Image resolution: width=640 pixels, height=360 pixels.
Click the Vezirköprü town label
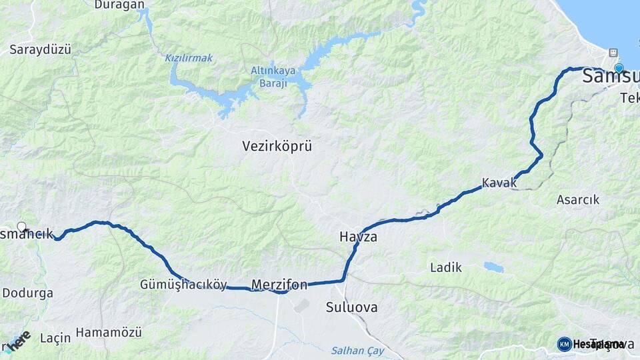[x=277, y=146]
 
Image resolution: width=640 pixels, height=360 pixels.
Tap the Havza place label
[x=358, y=237]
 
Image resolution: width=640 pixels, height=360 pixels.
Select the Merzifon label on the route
[x=279, y=285]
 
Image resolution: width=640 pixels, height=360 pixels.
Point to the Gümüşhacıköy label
[x=183, y=284]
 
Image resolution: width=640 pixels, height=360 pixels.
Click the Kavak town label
[x=499, y=183]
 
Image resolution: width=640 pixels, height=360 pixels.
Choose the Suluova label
[x=351, y=307]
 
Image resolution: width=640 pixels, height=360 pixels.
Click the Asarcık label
[x=577, y=199]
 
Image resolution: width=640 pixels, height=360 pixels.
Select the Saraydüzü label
[x=40, y=49]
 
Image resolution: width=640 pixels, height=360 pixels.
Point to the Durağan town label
[x=119, y=5]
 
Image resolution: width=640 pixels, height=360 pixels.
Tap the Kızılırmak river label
[x=189, y=58]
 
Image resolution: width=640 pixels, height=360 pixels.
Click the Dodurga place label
[x=27, y=293]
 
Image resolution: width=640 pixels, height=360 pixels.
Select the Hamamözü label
[x=109, y=331]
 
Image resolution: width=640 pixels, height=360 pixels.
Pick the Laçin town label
[x=55, y=338]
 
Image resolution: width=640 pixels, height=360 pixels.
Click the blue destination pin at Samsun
[x=619, y=68]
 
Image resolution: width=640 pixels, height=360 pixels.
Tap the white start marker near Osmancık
[x=21, y=227]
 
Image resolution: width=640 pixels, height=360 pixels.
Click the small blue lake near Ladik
[x=493, y=267]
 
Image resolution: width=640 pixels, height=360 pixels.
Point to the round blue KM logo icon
[x=564, y=344]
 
